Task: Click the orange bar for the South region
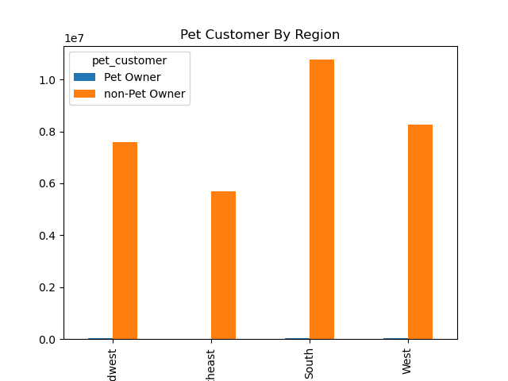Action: (x=321, y=199)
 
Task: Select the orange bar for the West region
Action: (x=420, y=232)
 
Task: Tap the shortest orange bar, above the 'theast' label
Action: (x=223, y=265)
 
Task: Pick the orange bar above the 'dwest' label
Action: (x=125, y=241)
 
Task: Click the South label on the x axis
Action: (x=310, y=363)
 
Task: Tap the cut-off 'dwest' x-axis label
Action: (x=113, y=364)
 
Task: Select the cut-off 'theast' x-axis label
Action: (x=211, y=364)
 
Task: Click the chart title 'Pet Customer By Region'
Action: (x=260, y=35)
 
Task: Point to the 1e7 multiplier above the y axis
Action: (x=74, y=39)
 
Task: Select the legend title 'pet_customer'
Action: (x=129, y=60)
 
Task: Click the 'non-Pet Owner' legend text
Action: (x=144, y=94)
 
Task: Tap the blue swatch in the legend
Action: (x=84, y=77)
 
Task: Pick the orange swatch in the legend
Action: (x=84, y=94)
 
